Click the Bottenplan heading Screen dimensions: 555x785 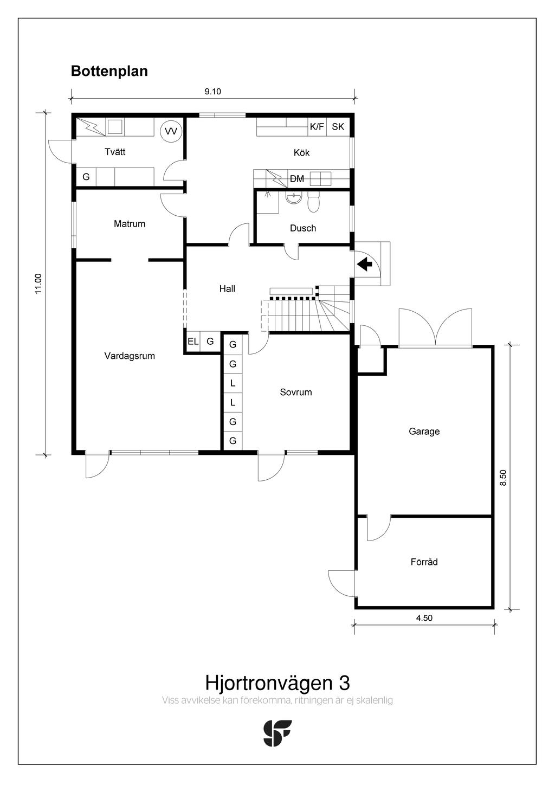(x=109, y=72)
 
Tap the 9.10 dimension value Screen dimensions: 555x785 (x=212, y=92)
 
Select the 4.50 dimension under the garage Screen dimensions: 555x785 (x=424, y=618)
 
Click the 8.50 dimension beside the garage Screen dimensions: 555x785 (x=503, y=477)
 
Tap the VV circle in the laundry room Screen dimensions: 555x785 (x=171, y=131)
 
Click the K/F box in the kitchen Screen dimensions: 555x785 (x=317, y=126)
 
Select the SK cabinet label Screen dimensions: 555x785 (x=338, y=126)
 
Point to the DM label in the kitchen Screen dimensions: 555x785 (x=297, y=179)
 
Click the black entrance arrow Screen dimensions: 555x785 (x=365, y=264)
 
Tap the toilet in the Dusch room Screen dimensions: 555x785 (x=313, y=202)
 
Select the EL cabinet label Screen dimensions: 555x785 (x=193, y=341)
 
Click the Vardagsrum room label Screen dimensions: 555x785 (x=130, y=356)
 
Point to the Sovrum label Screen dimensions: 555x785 (x=296, y=392)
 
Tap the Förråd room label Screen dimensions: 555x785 (x=424, y=562)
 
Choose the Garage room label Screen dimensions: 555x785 (x=424, y=431)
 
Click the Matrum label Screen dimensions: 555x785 (x=130, y=223)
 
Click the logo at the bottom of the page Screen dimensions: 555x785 (x=277, y=733)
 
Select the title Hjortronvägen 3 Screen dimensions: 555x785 (x=277, y=683)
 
